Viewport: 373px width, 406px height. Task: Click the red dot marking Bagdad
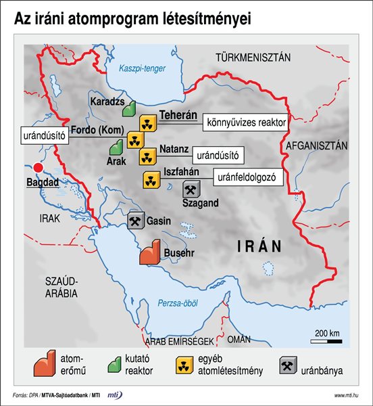(x=39, y=168)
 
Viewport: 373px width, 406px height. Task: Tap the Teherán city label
(x=177, y=116)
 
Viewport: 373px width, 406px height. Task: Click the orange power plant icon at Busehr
(x=149, y=251)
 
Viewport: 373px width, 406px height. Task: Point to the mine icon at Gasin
(x=135, y=221)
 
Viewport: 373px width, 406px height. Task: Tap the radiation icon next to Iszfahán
(x=151, y=180)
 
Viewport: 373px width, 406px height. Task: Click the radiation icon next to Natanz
(x=147, y=157)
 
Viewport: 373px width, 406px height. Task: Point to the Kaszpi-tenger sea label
(x=139, y=69)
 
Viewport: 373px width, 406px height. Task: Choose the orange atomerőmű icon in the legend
(x=43, y=365)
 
